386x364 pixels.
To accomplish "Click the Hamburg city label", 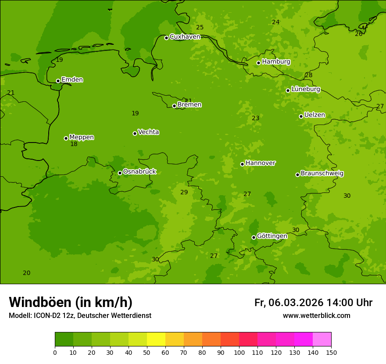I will (x=276, y=62).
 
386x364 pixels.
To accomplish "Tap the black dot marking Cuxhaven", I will (x=166, y=38).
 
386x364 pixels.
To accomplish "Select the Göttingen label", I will (x=272, y=236).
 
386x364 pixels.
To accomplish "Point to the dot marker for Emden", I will (x=58, y=81).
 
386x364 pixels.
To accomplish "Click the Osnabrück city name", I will (x=139, y=171).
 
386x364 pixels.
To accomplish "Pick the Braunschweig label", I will (x=322, y=173).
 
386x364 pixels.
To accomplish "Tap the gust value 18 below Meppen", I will (x=74, y=144).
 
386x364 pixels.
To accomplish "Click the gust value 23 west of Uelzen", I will (x=256, y=118).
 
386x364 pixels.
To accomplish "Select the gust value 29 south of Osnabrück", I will (x=184, y=193).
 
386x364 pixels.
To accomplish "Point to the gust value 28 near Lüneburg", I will (x=309, y=75).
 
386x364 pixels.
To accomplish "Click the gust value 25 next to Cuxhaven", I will (x=200, y=28).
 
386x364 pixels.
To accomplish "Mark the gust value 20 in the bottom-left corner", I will (x=27, y=273).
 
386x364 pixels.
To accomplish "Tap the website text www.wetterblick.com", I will (x=316, y=316).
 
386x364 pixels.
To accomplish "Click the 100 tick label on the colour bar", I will (x=239, y=352).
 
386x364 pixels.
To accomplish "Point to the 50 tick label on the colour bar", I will (x=147, y=352).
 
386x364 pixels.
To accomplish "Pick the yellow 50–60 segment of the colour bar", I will (x=156, y=339).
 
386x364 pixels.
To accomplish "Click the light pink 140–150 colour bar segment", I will (x=322, y=339).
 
